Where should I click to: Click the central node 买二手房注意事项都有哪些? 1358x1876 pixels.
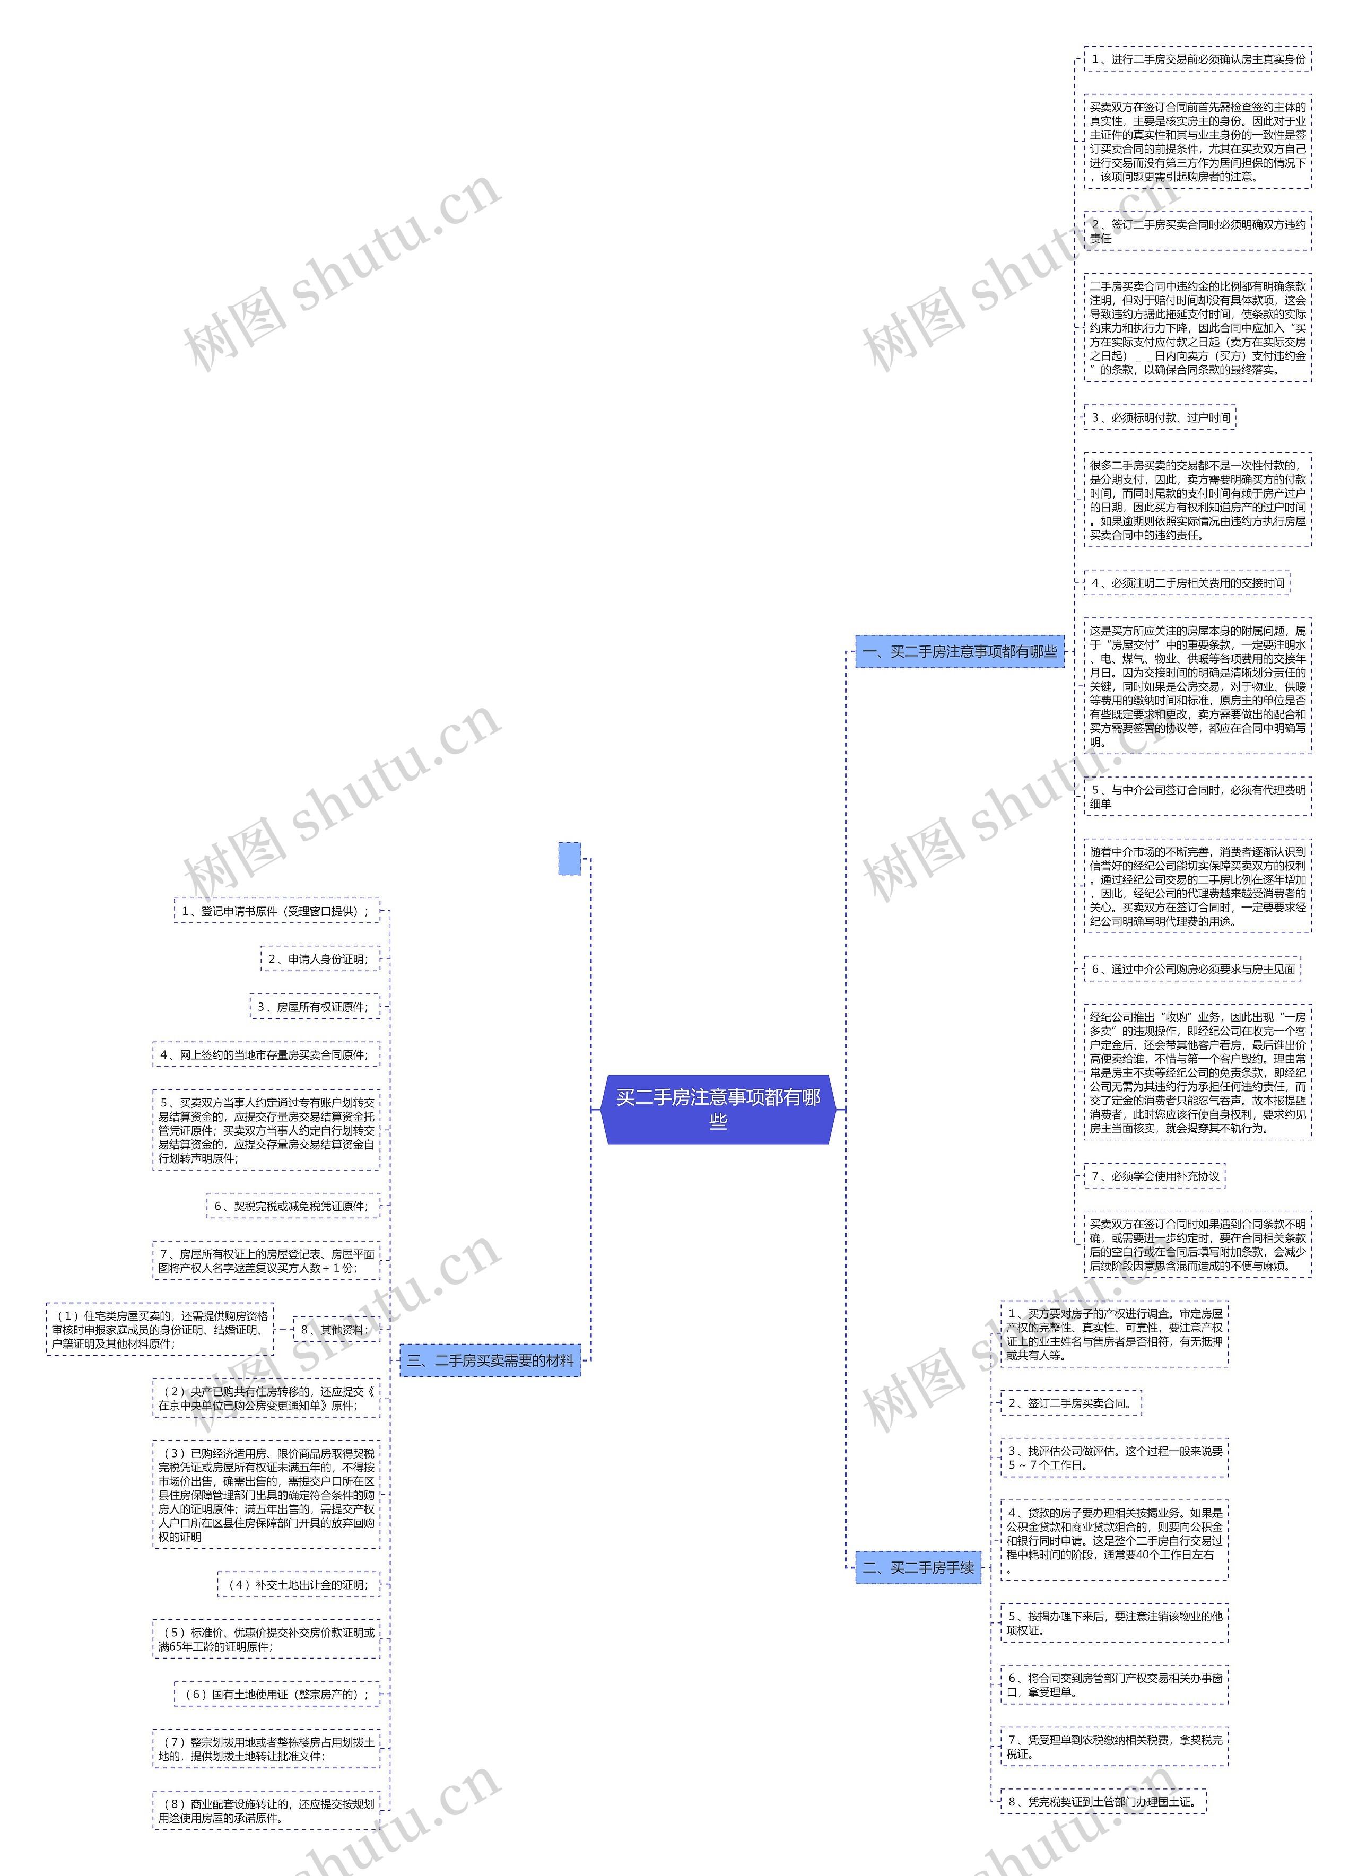click(718, 1109)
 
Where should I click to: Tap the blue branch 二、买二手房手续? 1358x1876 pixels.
click(918, 1567)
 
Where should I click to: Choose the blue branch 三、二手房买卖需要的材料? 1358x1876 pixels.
click(491, 1360)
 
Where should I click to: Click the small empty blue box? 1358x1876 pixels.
click(570, 859)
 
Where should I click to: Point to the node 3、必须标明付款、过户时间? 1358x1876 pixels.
click(1160, 418)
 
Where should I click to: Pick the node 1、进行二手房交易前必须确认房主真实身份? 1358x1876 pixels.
click(1198, 59)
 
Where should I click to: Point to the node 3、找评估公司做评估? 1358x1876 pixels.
click(1114, 1458)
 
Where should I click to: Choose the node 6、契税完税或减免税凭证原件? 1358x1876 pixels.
click(293, 1207)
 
